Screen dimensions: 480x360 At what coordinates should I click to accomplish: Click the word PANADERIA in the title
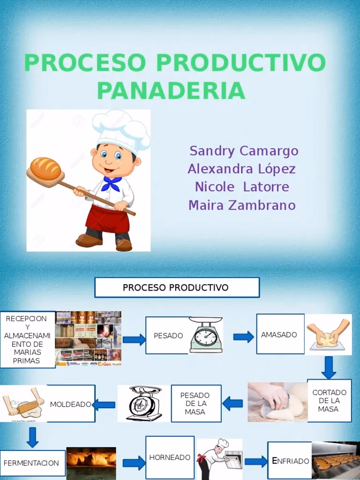click(171, 90)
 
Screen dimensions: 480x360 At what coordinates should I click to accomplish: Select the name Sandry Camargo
click(244, 151)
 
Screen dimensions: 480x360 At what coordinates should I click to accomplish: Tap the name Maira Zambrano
click(242, 205)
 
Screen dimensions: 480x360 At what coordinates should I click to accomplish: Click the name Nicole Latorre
click(242, 187)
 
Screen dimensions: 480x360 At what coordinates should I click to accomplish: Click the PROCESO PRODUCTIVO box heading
click(176, 287)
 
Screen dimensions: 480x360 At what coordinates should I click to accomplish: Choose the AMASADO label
click(279, 335)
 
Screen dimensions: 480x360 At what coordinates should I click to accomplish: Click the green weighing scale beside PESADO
click(206, 335)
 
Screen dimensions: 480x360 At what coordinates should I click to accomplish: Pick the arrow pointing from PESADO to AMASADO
click(243, 337)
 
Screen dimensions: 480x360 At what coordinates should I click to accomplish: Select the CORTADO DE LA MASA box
click(329, 400)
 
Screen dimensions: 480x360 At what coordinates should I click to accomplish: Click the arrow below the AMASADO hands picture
click(329, 367)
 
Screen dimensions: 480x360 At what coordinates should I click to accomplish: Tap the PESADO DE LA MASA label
click(195, 404)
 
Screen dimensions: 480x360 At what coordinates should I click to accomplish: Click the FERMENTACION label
click(31, 463)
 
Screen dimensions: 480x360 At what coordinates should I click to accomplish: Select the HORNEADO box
click(170, 457)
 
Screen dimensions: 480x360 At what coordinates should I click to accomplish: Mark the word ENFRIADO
click(291, 461)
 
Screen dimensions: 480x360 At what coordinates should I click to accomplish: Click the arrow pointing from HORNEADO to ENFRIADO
click(256, 461)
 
